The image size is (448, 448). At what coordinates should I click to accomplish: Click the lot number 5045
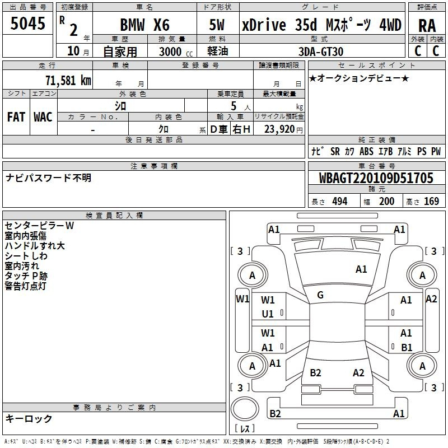tap(28, 25)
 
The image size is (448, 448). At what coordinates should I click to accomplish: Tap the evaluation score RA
tap(427, 26)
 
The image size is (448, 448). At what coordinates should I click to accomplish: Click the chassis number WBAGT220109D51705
tap(376, 179)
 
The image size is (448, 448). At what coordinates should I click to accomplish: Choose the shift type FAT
tap(16, 117)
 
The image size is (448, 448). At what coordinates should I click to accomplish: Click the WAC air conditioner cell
tap(43, 117)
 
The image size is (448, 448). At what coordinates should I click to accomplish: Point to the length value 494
tap(339, 202)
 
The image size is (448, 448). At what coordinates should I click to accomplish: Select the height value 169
tap(431, 202)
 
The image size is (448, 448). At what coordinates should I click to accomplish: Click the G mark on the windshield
tap(320, 295)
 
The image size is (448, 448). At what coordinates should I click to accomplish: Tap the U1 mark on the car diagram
tap(268, 314)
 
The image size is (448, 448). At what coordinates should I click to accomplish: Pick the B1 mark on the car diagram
tap(407, 347)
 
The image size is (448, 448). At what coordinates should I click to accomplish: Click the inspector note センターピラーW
tap(39, 226)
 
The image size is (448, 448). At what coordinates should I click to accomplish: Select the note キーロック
tap(29, 418)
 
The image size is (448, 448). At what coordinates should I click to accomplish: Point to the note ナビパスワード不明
tap(48, 178)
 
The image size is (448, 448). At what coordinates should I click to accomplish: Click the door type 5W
tap(217, 26)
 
